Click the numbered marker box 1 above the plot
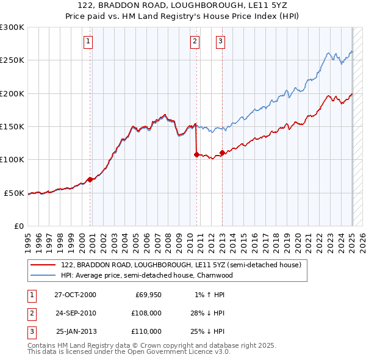pos(88,41)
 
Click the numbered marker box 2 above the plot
pos(195,41)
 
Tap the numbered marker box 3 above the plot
pos(220,41)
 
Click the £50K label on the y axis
pos(14,193)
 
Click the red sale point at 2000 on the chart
pos(90,179)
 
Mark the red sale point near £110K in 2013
pos(222,153)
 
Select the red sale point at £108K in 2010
pos(196,154)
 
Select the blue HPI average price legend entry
pos(146,275)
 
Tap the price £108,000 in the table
pos(146,313)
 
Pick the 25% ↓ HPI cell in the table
pos(207,331)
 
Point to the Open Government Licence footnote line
pos(129,352)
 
